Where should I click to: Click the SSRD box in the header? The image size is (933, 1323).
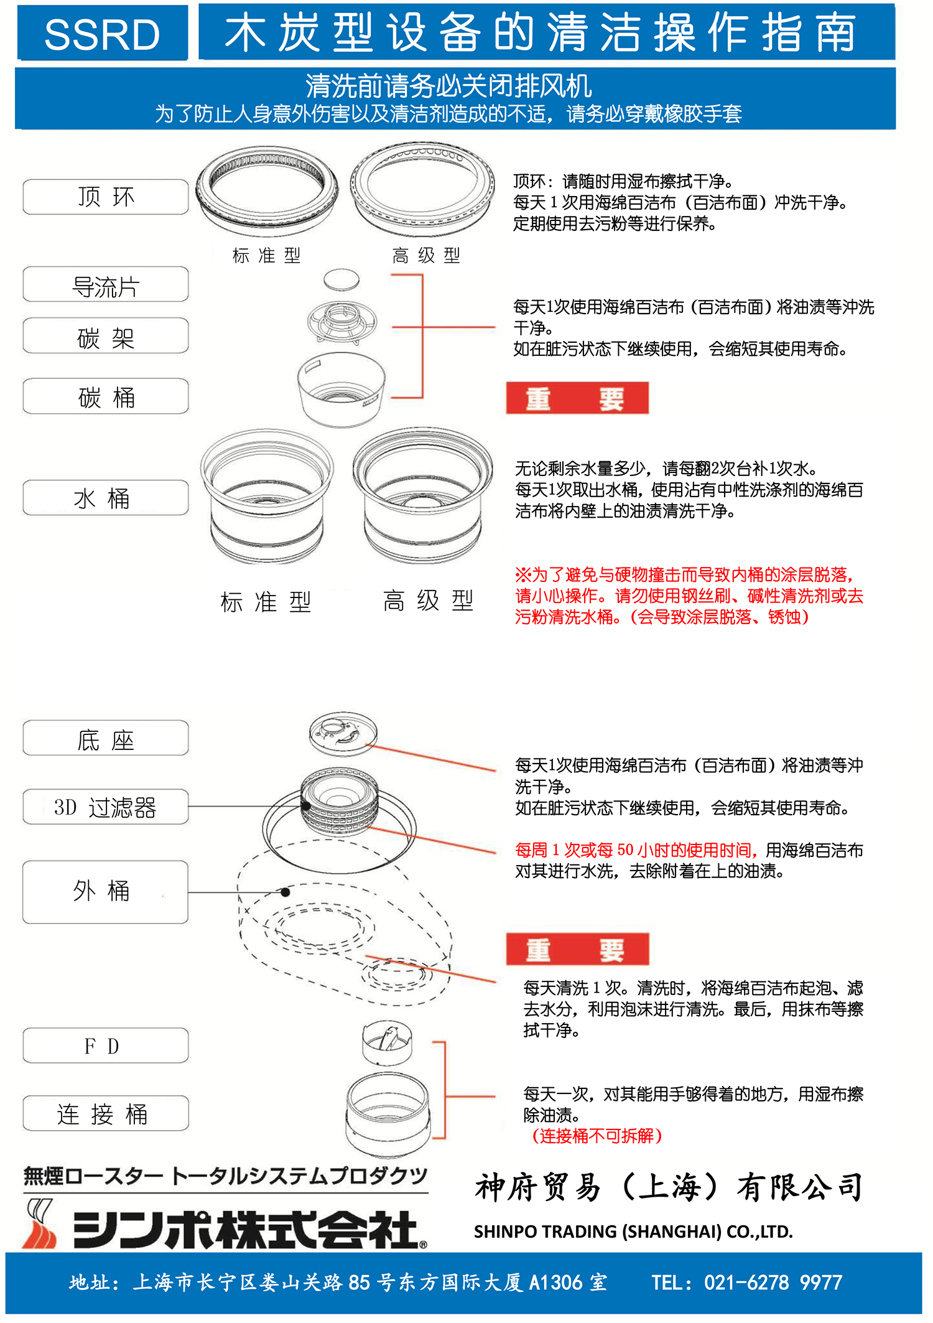click(x=103, y=33)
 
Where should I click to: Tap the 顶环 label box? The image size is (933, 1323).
click(x=106, y=197)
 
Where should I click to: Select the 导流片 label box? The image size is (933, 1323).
click(x=106, y=284)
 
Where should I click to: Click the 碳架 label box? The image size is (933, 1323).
click(x=106, y=336)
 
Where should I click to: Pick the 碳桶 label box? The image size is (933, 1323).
click(x=106, y=396)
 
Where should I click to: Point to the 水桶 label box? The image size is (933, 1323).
click(x=106, y=498)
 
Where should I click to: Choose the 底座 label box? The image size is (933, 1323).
click(x=106, y=739)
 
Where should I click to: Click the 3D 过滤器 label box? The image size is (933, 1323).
click(x=106, y=807)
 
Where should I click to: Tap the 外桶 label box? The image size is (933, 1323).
click(x=106, y=892)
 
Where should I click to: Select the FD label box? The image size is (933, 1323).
click(x=106, y=1045)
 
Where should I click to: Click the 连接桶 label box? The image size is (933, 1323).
click(x=106, y=1113)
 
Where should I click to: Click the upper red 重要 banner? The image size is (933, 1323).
click(x=577, y=398)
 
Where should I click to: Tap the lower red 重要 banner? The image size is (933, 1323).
click(x=577, y=950)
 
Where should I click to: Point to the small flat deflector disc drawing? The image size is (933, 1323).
click(x=341, y=279)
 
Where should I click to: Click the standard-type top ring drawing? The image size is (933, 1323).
click(x=267, y=189)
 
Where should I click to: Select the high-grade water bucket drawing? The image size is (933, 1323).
click(x=423, y=495)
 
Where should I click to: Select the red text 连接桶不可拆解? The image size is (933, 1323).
click(x=597, y=1136)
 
